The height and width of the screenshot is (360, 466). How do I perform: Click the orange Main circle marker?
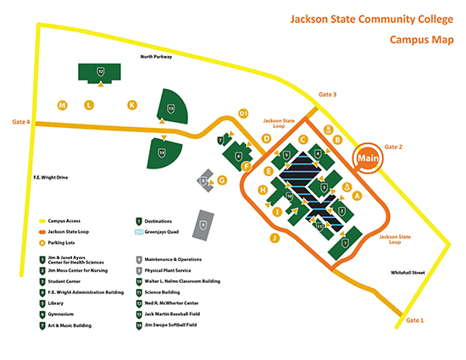(x=367, y=158)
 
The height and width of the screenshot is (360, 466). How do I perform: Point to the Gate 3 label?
(x=327, y=94)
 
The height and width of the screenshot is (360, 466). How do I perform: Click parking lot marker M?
(x=62, y=105)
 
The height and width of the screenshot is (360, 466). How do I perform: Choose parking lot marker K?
(x=131, y=105)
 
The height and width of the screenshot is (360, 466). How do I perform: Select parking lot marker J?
(x=274, y=238)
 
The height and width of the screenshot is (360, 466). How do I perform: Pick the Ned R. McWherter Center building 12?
(x=101, y=73)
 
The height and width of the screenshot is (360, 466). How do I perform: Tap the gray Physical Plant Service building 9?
(x=203, y=224)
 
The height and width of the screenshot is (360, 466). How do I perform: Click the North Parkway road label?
(x=157, y=58)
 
